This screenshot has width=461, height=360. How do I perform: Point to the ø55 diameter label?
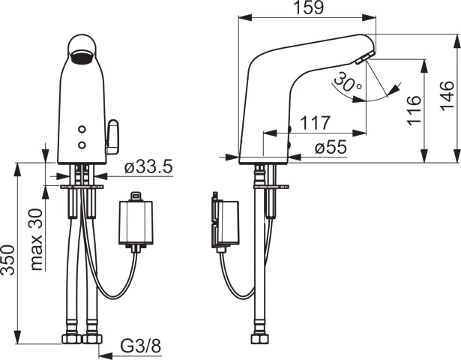331,148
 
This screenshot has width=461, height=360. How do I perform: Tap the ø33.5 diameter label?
148,166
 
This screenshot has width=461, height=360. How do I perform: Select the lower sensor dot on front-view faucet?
81,143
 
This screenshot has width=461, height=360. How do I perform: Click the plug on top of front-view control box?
136,197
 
